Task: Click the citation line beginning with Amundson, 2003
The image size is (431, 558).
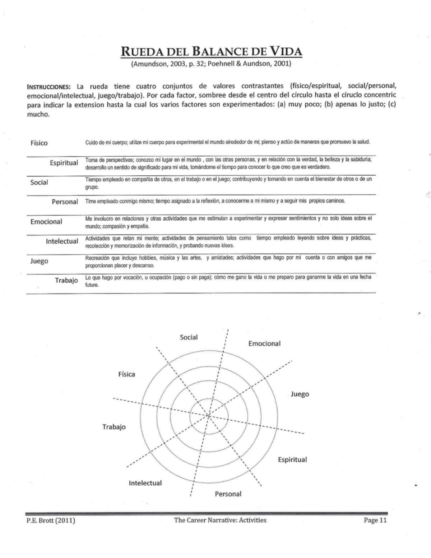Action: (x=211, y=64)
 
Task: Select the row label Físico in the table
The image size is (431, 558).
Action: (x=39, y=143)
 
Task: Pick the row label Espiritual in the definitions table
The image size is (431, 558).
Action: (x=64, y=163)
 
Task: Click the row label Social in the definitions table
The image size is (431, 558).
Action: (x=39, y=182)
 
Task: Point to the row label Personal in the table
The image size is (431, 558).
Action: (x=65, y=202)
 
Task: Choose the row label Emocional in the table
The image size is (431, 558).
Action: (x=46, y=221)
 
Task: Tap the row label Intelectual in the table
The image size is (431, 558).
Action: (x=62, y=241)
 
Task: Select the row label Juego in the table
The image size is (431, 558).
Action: (x=39, y=261)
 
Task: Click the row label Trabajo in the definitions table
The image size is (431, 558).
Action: (x=66, y=280)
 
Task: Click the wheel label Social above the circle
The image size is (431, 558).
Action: (x=189, y=337)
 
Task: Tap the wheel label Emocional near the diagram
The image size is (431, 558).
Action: (x=264, y=343)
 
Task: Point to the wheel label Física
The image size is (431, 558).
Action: (x=127, y=374)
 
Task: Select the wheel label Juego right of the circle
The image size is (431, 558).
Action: (x=300, y=394)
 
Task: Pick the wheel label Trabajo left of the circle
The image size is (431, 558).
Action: (x=114, y=427)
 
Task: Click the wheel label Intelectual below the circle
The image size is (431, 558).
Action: (x=145, y=483)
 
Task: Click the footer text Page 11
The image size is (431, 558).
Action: (x=375, y=520)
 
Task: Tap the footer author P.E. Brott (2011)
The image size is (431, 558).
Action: (x=51, y=520)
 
